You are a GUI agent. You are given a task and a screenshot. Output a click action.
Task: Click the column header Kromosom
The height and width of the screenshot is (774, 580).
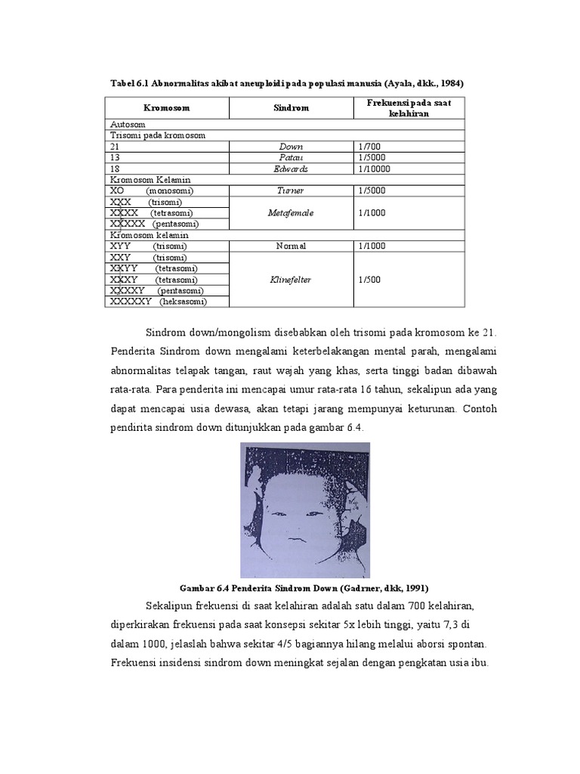[166, 108]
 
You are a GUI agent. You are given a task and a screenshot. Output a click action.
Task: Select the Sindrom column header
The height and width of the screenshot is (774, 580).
[291, 108]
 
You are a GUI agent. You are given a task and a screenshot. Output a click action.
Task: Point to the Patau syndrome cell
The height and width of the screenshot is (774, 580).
[291, 158]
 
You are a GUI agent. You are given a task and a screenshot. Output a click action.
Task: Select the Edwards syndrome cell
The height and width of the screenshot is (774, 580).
[291, 169]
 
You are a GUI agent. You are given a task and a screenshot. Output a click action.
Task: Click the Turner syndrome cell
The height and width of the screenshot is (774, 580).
[291, 191]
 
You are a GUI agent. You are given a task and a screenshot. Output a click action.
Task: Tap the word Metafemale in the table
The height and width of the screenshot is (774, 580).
[291, 213]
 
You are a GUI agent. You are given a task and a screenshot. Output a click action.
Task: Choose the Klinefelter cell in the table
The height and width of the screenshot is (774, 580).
[291, 280]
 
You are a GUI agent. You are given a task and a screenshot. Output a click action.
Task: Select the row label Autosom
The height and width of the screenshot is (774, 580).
[128, 124]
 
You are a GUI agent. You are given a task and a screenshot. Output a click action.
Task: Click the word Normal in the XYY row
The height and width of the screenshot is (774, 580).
[291, 246]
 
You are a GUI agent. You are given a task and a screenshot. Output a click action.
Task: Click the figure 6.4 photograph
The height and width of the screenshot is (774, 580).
[304, 510]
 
